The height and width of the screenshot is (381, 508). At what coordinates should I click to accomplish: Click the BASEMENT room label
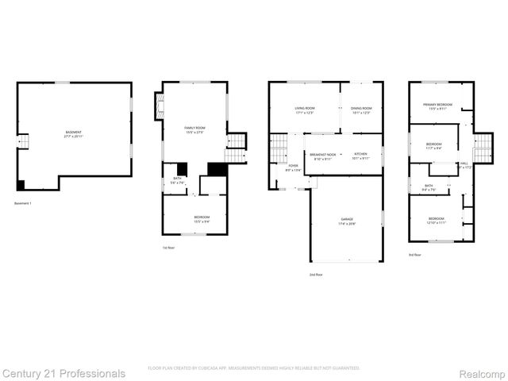coord(73,132)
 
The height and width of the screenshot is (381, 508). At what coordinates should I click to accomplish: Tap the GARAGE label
coord(348,219)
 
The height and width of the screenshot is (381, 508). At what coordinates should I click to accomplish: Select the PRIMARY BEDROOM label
coord(437,105)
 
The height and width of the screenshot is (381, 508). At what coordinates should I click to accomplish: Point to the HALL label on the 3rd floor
coord(464,164)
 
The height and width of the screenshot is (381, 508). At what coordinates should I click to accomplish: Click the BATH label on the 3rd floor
coord(429,186)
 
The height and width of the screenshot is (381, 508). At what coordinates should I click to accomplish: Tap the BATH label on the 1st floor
coord(178,179)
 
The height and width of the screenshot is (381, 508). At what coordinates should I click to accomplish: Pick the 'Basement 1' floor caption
coord(23,203)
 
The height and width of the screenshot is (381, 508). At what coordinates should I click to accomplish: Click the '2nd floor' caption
coord(316,275)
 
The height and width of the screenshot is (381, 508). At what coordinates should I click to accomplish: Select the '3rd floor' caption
coord(415,255)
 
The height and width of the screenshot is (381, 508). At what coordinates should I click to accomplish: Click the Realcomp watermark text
coord(479,372)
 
